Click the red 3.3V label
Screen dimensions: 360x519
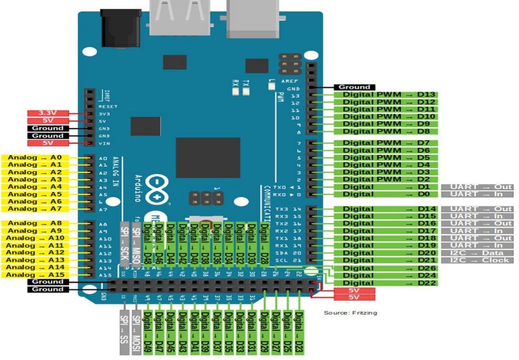48,113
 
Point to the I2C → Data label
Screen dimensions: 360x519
478,253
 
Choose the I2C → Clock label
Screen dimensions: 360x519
478,260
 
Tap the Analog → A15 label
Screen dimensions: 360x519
36,275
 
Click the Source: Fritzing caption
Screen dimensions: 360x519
350,312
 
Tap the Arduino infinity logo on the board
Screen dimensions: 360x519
158,189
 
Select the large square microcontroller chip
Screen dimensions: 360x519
208,158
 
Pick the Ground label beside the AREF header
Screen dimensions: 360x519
354,87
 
